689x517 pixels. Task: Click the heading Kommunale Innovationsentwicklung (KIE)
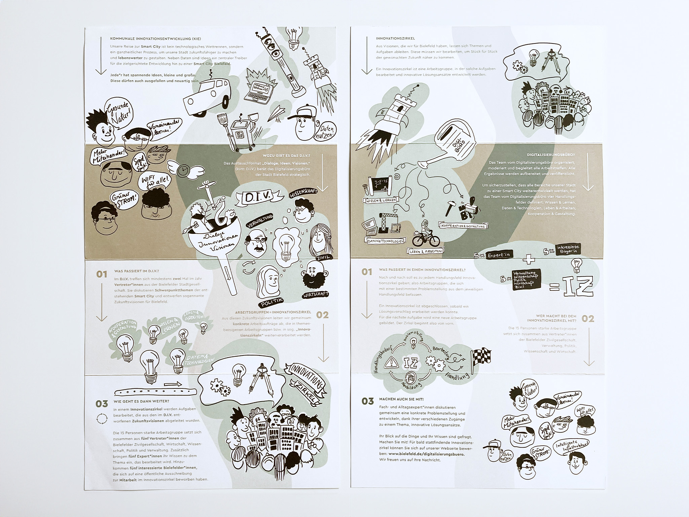155,39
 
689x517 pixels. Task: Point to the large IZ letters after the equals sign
578,285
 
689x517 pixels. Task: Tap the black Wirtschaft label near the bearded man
315,295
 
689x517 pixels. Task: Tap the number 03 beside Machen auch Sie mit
368,401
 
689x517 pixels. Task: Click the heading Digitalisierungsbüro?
551,155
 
